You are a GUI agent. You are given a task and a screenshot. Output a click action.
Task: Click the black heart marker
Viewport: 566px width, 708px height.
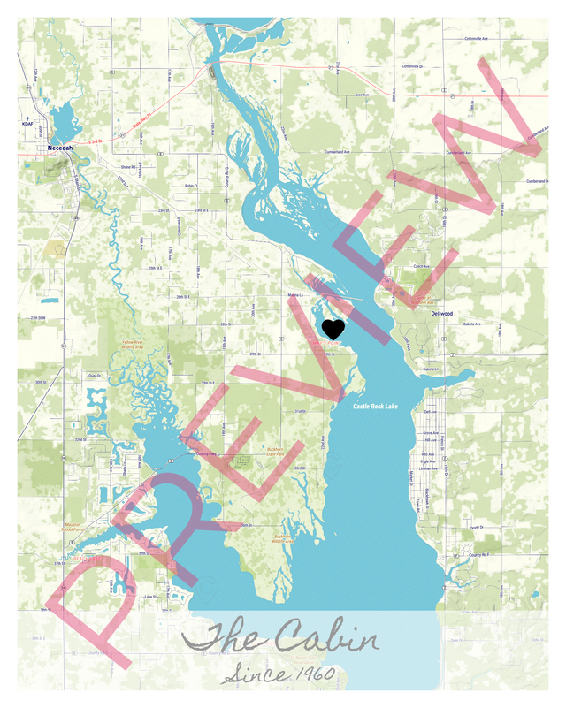click(x=333, y=331)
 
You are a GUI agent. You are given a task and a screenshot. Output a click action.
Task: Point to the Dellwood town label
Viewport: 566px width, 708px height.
click(x=441, y=313)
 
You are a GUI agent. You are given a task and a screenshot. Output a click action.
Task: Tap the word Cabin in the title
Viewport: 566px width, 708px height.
click(x=327, y=638)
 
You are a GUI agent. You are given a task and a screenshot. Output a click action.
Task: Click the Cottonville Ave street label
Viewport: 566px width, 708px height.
click(x=483, y=39)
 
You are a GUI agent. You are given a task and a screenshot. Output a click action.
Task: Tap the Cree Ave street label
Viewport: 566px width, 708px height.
click(x=361, y=94)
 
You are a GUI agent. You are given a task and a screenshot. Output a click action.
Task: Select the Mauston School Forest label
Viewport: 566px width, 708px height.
click(x=79, y=527)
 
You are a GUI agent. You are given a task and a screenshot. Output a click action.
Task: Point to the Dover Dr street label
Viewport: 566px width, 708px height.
click(x=478, y=527)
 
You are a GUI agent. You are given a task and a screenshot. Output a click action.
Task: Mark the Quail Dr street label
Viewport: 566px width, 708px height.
click(x=94, y=376)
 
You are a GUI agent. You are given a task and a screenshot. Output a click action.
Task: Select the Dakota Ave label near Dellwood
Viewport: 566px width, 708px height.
click(x=471, y=324)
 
